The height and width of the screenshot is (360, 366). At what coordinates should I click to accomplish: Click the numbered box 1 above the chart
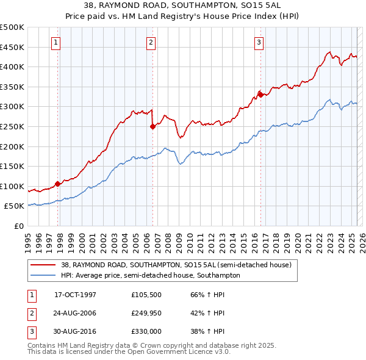click(x=56, y=42)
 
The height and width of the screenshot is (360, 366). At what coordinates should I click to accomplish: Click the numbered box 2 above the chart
click(x=151, y=42)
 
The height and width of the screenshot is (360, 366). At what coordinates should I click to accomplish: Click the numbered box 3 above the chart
click(x=259, y=42)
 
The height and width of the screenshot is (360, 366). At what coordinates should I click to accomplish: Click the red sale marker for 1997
click(x=58, y=183)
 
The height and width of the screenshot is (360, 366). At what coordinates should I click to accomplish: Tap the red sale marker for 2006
click(x=152, y=127)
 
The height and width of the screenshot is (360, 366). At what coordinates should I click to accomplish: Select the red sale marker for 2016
click(x=260, y=94)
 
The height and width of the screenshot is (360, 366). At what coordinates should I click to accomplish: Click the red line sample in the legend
click(x=43, y=265)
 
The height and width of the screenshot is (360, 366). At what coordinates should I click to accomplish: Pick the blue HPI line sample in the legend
click(x=43, y=275)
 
